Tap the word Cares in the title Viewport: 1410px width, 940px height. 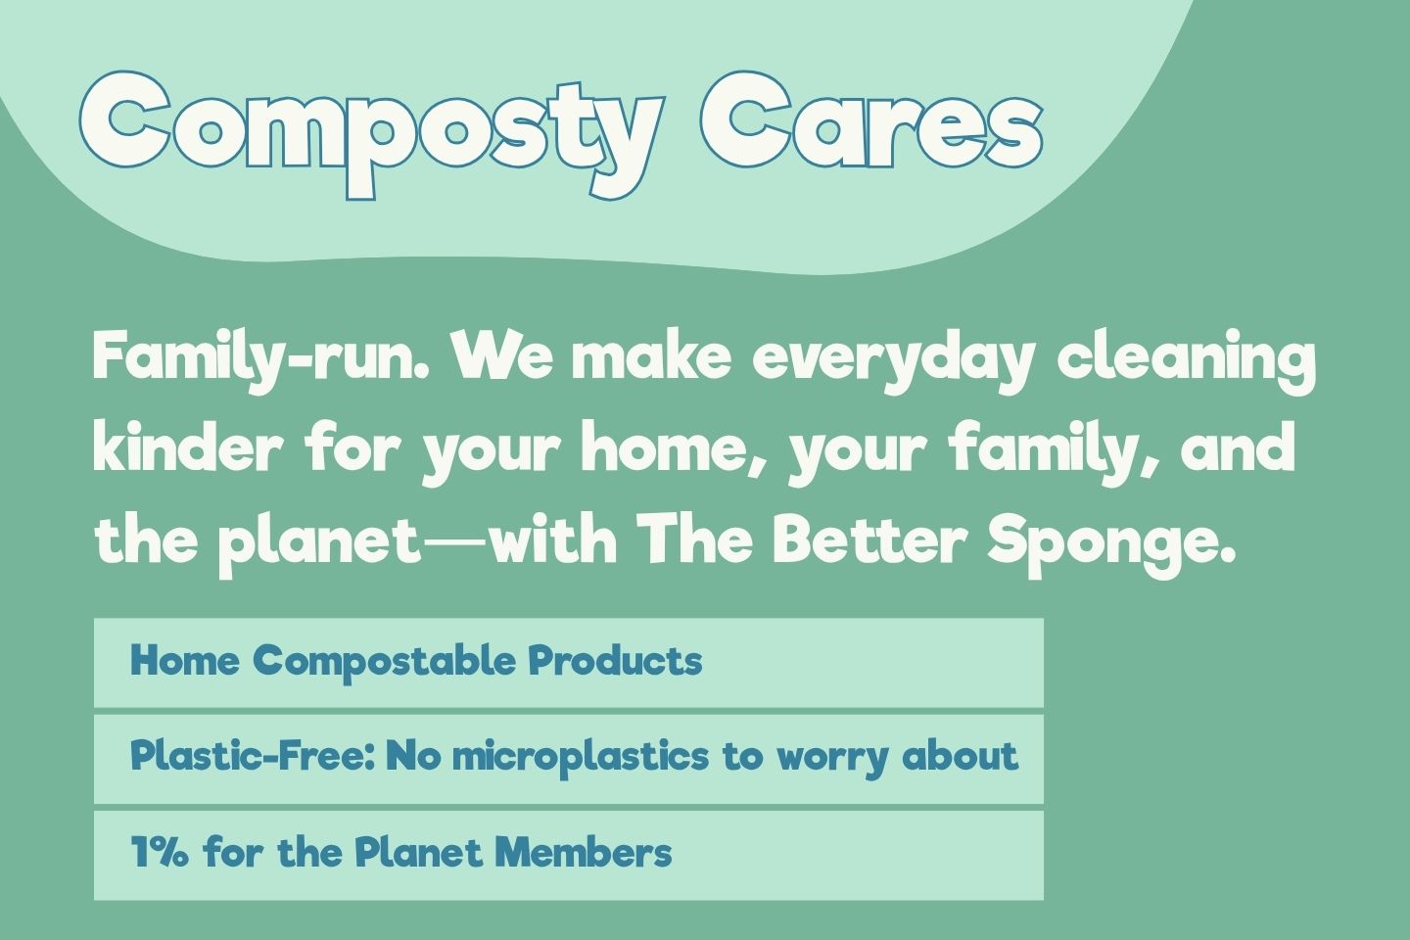[871, 122]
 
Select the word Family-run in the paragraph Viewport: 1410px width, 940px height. [260, 356]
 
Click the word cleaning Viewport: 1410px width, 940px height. [1186, 358]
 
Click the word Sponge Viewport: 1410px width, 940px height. [1106, 541]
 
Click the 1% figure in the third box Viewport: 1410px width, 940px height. [160, 853]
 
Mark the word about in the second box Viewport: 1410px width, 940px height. [960, 756]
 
